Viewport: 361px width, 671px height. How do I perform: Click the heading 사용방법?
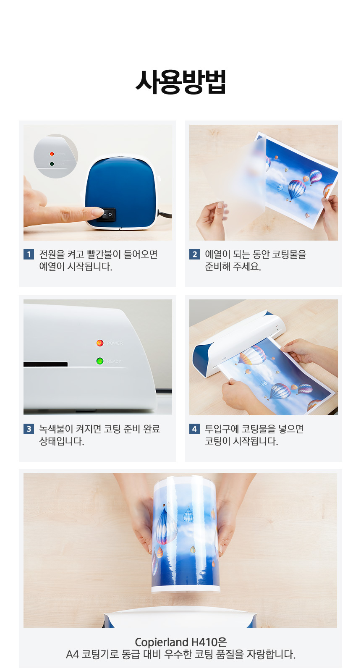pyautogui.click(x=180, y=82)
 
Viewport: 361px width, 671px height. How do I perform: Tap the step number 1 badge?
pyautogui.click(x=29, y=254)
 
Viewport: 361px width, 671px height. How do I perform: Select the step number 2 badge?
pyautogui.click(x=194, y=254)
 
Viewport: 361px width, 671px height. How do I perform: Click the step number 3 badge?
pyautogui.click(x=29, y=429)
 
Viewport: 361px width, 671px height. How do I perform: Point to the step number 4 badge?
pyautogui.click(x=194, y=429)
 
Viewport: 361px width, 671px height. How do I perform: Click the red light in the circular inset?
pyautogui.click(x=52, y=154)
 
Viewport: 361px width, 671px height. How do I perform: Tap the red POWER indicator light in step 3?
pyautogui.click(x=99, y=343)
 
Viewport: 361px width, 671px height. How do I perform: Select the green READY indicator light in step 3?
pyautogui.click(x=99, y=361)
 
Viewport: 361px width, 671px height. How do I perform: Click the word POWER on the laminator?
pyautogui.click(x=115, y=343)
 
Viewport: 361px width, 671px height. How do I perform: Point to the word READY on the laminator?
pyautogui.click(x=114, y=362)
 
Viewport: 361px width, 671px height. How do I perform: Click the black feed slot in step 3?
pyautogui.click(x=45, y=364)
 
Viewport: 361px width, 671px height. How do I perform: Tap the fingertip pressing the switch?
pyautogui.click(x=98, y=212)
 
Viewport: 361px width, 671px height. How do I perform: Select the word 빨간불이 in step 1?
pyautogui.click(x=104, y=254)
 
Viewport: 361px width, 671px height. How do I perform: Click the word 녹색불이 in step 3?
pyautogui.click(x=56, y=429)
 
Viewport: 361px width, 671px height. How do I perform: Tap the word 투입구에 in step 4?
pyautogui.click(x=222, y=429)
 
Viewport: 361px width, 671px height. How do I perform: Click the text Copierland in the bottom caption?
pyautogui.click(x=162, y=642)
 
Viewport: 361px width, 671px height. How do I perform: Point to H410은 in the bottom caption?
pyautogui.click(x=209, y=642)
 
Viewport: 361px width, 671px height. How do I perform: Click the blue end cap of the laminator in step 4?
pyautogui.click(x=200, y=361)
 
